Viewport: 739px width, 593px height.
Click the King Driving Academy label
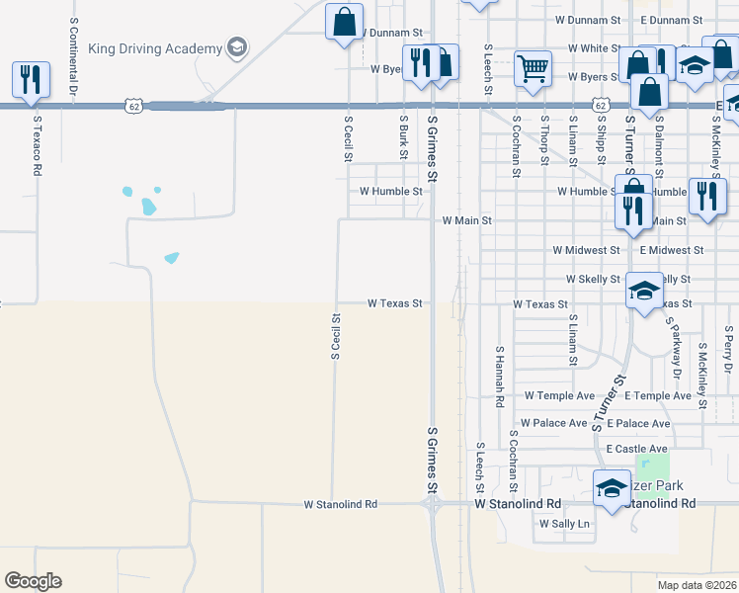coord(155,47)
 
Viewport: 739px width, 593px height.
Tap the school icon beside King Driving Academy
coord(236,46)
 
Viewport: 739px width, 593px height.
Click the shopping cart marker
coord(533,68)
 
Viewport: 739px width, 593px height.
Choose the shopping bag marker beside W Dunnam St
coord(344,21)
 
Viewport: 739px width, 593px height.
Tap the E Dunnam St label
coord(671,20)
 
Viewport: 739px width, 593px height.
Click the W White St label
coord(587,47)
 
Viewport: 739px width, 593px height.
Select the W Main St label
coord(466,220)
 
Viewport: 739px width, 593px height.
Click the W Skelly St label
coord(593,281)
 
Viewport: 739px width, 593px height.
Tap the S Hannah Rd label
coord(500,378)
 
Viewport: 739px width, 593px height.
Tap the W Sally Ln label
coord(564,524)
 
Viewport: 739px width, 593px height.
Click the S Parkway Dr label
coord(675,349)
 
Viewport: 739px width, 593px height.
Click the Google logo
coord(33,581)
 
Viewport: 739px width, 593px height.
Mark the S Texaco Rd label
coord(37,144)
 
